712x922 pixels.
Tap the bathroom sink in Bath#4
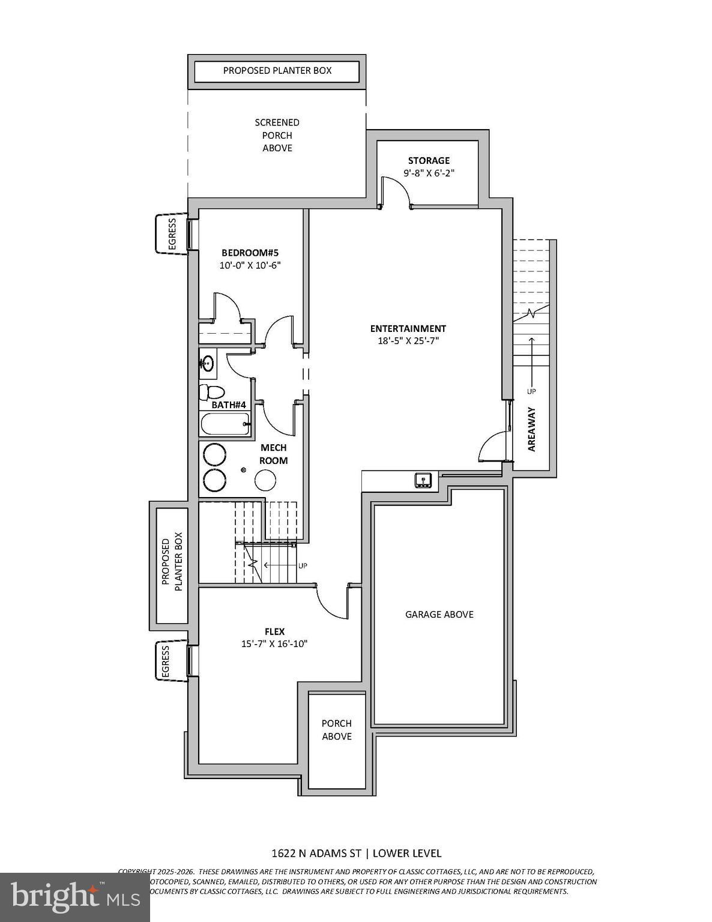pyautogui.click(x=208, y=363)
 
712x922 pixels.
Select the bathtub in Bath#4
pyautogui.click(x=224, y=424)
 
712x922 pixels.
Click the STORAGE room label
pyautogui.click(x=429, y=161)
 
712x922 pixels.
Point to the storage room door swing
pyautogui.click(x=397, y=191)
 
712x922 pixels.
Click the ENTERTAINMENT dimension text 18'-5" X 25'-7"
pyautogui.click(x=408, y=341)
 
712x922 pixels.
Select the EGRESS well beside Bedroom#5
pyautogui.click(x=171, y=234)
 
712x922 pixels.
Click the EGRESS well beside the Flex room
pyautogui.click(x=171, y=661)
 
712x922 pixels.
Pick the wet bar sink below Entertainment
pyautogui.click(x=423, y=480)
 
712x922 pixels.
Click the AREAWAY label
pyautogui.click(x=531, y=429)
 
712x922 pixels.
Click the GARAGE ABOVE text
pyautogui.click(x=439, y=614)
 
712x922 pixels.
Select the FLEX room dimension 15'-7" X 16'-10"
pyautogui.click(x=274, y=644)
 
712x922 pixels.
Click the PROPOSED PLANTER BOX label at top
pyautogui.click(x=277, y=71)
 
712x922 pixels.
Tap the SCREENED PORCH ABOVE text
pyautogui.click(x=277, y=135)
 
